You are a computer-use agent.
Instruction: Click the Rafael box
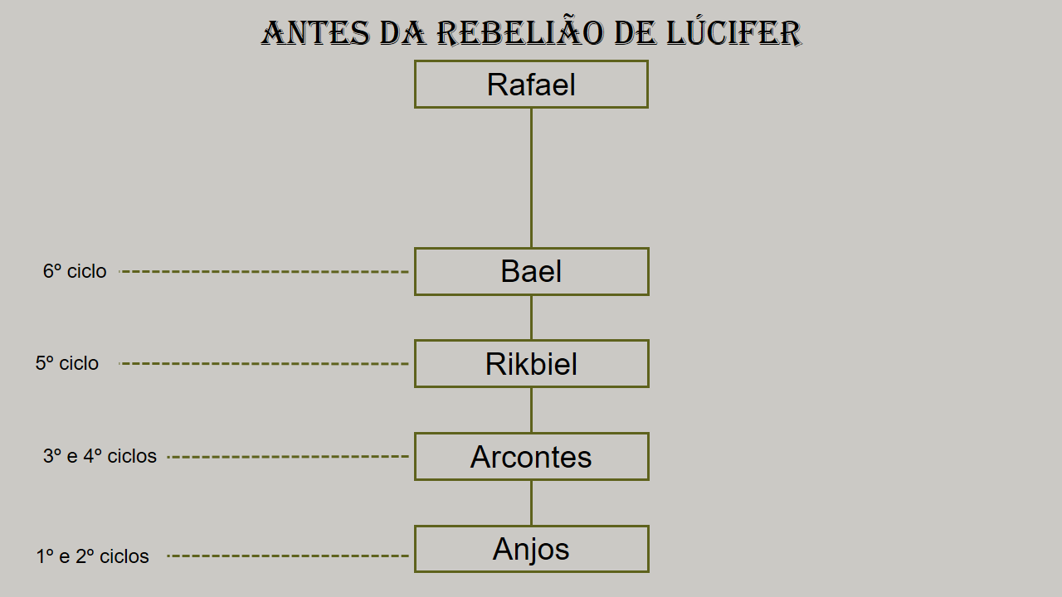click(x=531, y=85)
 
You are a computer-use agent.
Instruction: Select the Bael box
click(x=531, y=271)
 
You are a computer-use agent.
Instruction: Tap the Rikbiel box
click(x=531, y=363)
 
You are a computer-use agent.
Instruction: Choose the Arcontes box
click(x=531, y=456)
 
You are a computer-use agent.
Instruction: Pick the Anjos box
click(x=531, y=549)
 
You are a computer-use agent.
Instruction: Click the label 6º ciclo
click(x=75, y=271)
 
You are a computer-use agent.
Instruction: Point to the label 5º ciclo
click(x=67, y=363)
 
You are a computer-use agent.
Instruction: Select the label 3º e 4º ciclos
click(x=100, y=456)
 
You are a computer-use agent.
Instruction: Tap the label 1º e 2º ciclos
click(x=92, y=556)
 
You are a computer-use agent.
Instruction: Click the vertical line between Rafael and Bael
click(x=531, y=177)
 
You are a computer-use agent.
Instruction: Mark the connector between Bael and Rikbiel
click(x=531, y=318)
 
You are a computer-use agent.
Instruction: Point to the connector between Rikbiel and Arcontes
click(x=531, y=410)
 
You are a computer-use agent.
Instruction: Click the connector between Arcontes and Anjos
click(x=531, y=502)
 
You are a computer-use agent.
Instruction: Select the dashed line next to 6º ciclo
click(x=264, y=271)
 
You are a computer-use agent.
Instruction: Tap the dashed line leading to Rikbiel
click(x=264, y=363)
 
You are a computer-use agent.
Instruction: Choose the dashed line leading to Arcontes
click(x=288, y=457)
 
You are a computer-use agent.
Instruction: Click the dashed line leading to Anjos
click(x=288, y=556)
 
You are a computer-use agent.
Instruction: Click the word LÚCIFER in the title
click(x=734, y=33)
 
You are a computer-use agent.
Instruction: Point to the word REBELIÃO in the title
click(x=520, y=33)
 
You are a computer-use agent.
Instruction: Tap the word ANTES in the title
click(x=315, y=33)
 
